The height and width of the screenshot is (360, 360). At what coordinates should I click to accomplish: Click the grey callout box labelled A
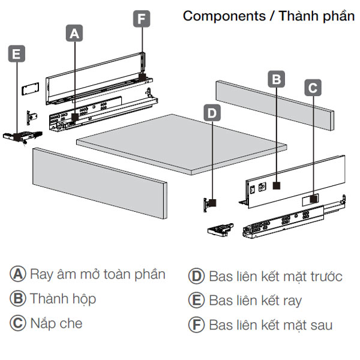coord(74,35)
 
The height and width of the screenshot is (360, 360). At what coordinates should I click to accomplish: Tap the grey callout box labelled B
coord(275,79)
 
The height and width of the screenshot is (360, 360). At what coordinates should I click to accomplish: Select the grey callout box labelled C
coord(313,88)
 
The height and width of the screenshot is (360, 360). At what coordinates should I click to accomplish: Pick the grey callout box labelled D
coord(212,112)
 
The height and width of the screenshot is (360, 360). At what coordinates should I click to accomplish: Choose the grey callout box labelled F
coord(141,19)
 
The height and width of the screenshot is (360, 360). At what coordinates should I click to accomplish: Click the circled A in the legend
coord(17,275)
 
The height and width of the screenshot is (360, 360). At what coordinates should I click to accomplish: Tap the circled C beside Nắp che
coord(17,323)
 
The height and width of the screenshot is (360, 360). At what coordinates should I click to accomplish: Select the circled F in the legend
coord(196,325)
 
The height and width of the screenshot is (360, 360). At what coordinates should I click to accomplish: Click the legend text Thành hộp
coord(63,299)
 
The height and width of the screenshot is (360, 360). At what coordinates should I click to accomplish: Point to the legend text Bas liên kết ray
coord(255,300)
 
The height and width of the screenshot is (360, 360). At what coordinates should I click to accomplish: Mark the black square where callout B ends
coord(276,185)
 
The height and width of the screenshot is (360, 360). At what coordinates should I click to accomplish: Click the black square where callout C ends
coord(313,196)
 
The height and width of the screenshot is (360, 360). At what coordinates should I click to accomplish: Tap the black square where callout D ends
coord(212,203)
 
